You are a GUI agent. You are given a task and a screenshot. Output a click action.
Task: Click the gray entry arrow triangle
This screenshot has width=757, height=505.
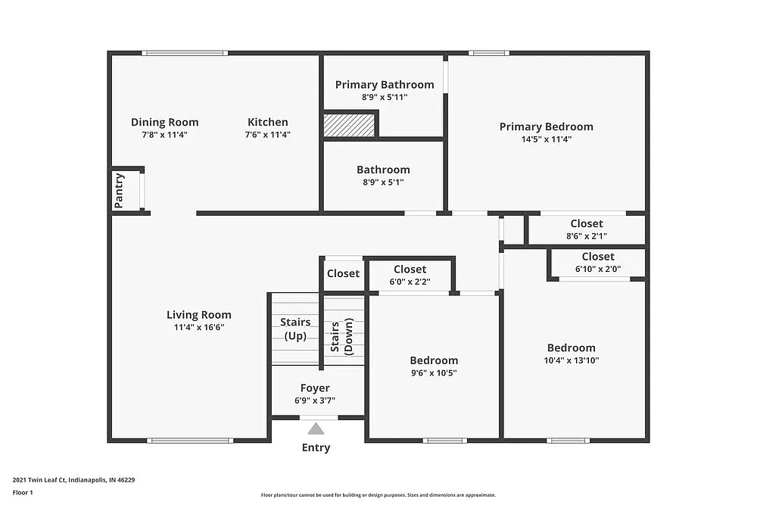click(x=316, y=429)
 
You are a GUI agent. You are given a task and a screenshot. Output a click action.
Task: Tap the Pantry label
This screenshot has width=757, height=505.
click(x=119, y=191)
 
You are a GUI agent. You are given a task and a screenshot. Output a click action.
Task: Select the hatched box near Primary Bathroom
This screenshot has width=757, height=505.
click(x=349, y=125)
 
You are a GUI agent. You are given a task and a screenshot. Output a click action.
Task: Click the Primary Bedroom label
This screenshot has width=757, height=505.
click(x=546, y=126)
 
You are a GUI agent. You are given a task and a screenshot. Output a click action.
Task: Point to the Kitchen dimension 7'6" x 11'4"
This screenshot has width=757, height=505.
click(x=267, y=135)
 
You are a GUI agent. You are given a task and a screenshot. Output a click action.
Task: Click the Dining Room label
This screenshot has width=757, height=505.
click(x=164, y=122)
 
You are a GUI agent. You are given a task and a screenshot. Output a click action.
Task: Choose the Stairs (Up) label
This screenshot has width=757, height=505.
click(x=294, y=329)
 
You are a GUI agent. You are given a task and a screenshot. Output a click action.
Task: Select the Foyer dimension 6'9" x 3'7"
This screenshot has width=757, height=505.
click(x=314, y=401)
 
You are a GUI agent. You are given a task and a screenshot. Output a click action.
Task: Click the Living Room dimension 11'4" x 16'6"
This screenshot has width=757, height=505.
click(x=199, y=328)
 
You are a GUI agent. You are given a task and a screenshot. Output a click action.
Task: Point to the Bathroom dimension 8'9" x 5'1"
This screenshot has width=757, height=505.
click(x=383, y=182)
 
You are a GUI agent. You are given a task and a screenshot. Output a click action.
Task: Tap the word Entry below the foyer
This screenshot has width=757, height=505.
click(x=316, y=447)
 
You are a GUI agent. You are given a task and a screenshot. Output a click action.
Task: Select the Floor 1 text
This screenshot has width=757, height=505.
click(x=23, y=492)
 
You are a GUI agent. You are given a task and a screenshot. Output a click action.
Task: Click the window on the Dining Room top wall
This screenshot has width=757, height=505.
click(x=185, y=53)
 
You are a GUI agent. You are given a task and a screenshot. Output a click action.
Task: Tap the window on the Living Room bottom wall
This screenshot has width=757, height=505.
click(x=189, y=441)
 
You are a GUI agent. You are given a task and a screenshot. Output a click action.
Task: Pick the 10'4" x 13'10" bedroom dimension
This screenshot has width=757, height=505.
click(x=571, y=360)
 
